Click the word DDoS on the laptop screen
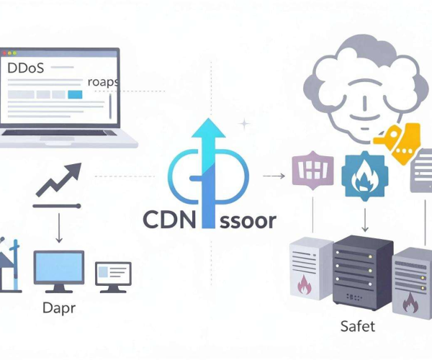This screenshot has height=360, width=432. [x=25, y=68]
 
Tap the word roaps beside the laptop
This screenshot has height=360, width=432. [x=103, y=82]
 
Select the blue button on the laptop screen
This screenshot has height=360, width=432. [x=75, y=94]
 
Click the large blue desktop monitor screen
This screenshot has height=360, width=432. [x=59, y=267]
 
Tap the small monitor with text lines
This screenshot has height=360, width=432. [x=113, y=276]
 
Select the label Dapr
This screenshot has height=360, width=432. [x=59, y=308]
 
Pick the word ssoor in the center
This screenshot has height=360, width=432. [x=248, y=221]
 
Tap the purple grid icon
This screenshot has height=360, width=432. [x=312, y=171]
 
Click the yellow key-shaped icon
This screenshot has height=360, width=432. [x=397, y=143]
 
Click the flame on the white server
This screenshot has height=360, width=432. [x=304, y=285]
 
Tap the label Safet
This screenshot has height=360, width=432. [x=358, y=326]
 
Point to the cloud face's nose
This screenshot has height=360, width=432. [x=365, y=103]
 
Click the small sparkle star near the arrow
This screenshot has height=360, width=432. [x=244, y=124]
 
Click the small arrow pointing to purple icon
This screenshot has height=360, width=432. [x=274, y=176]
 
